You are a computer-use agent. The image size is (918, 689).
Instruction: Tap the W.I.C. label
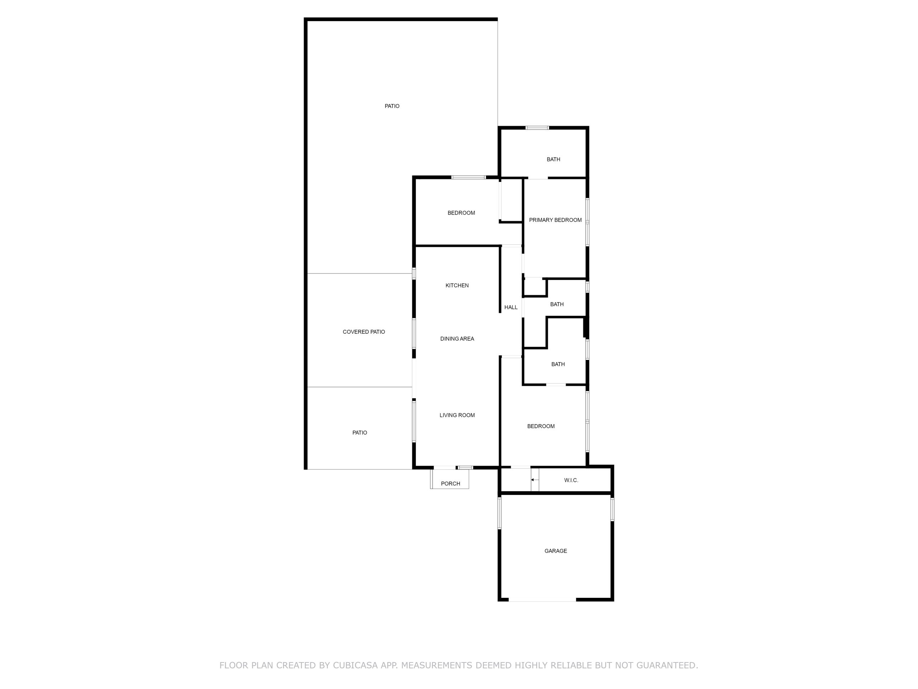coord(571,480)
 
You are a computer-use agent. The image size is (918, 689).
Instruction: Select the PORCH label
coord(450,483)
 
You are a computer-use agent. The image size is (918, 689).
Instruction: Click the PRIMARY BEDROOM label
coord(555,220)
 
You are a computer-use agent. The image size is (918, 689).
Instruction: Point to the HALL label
coord(511,307)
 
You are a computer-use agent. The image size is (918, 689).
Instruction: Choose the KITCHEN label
coord(457,285)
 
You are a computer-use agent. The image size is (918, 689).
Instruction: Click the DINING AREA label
coord(457,338)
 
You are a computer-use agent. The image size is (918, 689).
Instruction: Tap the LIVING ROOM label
coord(457,415)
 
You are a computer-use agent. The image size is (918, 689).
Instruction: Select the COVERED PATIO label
coord(364,332)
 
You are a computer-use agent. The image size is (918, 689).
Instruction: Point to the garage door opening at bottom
coord(543,600)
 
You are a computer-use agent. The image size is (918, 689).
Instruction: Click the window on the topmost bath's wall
coord(537,128)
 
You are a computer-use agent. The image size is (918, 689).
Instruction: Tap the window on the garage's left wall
coord(499,513)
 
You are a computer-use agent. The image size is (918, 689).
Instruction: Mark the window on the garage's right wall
coord(612,510)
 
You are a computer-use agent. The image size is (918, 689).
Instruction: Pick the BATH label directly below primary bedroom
coord(557,304)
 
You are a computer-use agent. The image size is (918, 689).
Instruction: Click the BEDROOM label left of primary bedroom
coord(461,213)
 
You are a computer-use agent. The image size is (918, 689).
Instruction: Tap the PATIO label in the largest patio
coord(392,106)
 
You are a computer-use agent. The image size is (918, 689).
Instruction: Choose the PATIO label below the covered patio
coord(359,433)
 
